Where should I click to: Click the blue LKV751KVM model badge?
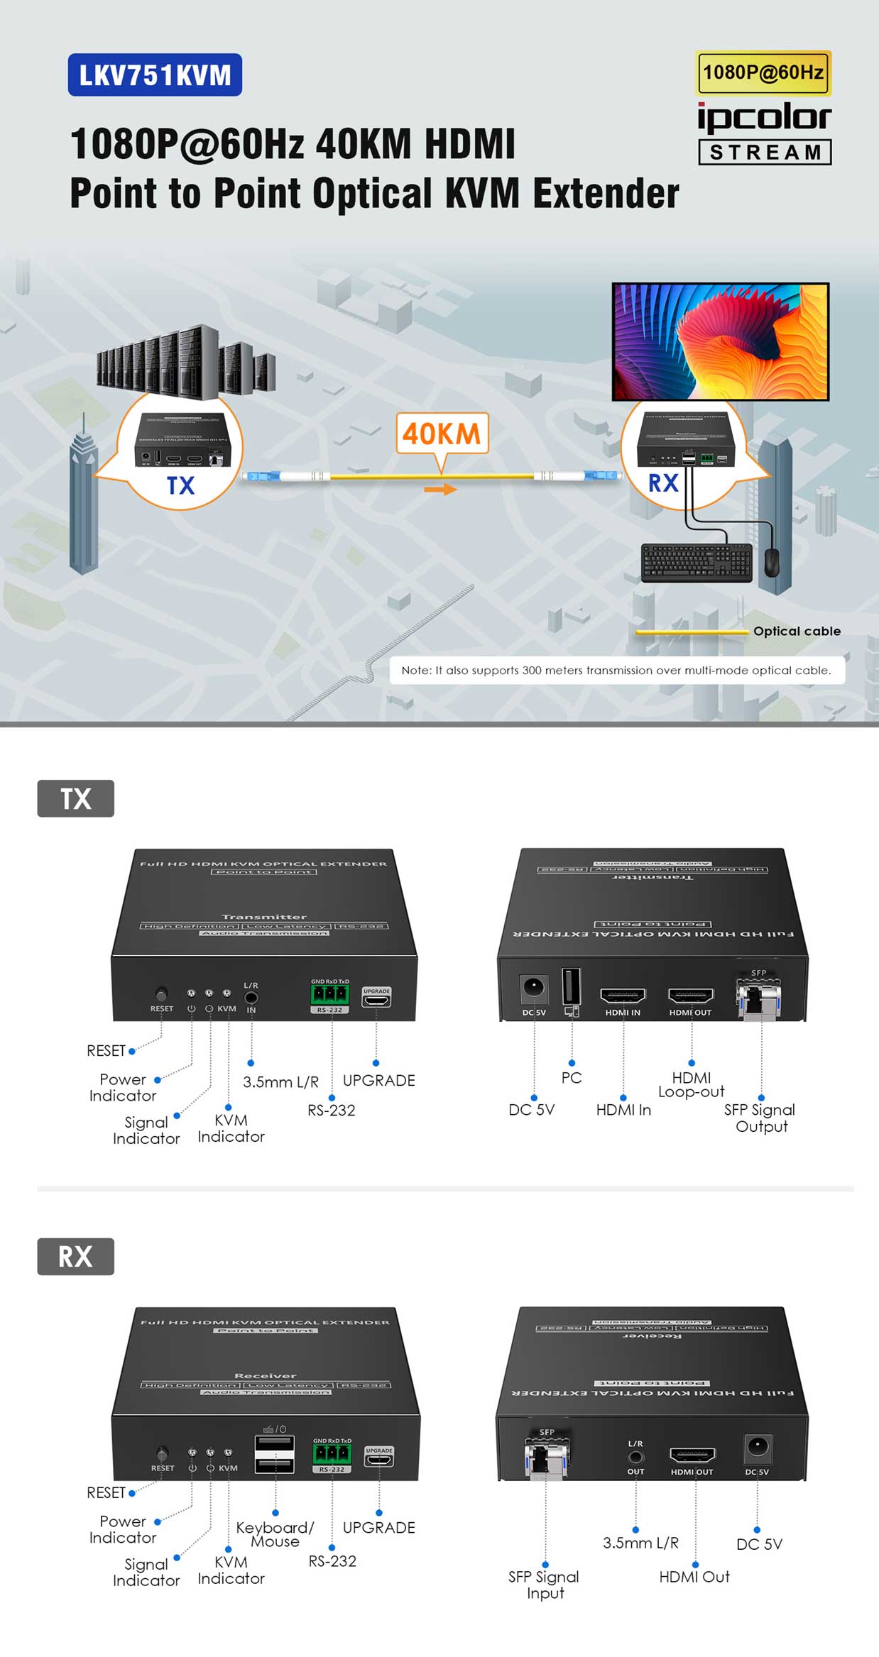(x=155, y=75)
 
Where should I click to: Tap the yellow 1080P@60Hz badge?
(x=763, y=72)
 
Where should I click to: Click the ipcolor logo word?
(x=764, y=117)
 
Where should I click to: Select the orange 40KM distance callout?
(x=442, y=433)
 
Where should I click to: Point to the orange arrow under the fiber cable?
(x=441, y=489)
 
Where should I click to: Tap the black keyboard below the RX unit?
(x=697, y=562)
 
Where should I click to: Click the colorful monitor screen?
(x=720, y=341)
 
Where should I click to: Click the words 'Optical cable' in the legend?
(x=797, y=631)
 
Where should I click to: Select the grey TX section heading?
(x=75, y=798)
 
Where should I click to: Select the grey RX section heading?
(x=75, y=1256)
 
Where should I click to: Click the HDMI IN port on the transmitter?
(x=623, y=996)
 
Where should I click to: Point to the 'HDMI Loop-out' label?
(x=691, y=1084)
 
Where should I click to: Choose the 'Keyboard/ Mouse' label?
(x=275, y=1534)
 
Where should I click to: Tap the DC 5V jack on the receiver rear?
(x=758, y=1446)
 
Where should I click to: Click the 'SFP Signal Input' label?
(x=544, y=1584)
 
